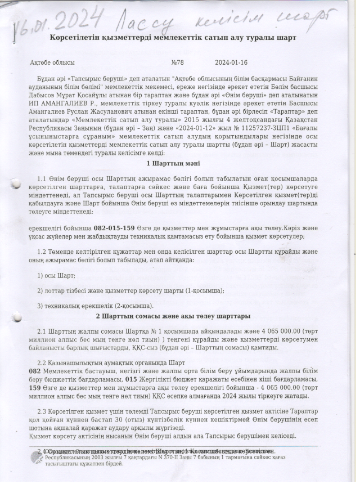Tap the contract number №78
click(177, 63)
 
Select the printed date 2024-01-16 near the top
click(230, 63)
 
